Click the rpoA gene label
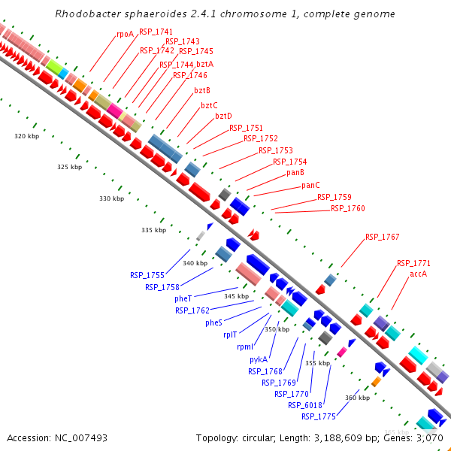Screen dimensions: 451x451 [x=125, y=34]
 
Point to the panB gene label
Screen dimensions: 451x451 [x=295, y=173]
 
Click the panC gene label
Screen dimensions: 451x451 [x=310, y=185]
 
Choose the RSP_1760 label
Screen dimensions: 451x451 [x=347, y=208]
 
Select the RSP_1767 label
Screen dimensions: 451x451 [x=382, y=237]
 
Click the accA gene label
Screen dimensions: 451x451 [x=419, y=274]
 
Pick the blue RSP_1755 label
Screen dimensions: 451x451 [x=147, y=275]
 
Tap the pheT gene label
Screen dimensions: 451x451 [x=183, y=298]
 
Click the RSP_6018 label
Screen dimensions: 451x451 [x=304, y=405]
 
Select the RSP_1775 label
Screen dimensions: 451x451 [x=318, y=416]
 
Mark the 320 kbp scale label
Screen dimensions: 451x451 [x=27, y=136]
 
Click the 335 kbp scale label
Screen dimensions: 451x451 [x=153, y=230]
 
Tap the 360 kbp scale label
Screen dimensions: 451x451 [x=357, y=398]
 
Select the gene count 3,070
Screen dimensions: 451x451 [x=428, y=437]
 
